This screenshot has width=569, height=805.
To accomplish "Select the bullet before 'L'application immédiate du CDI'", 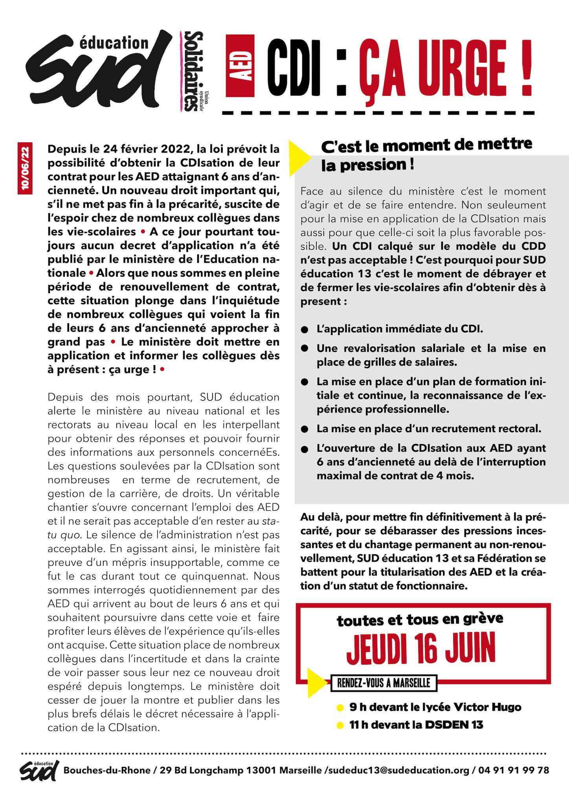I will tap(304, 330).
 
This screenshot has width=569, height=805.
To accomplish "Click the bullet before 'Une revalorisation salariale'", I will tap(304, 349).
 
